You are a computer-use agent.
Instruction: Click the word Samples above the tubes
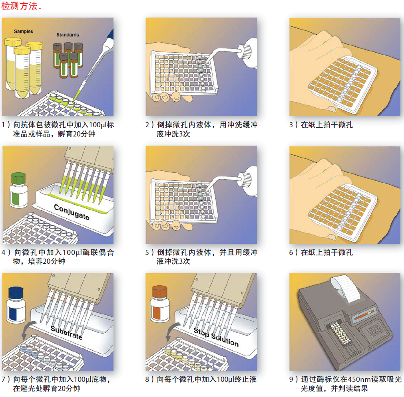(x=24, y=32)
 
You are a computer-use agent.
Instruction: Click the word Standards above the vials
(x=68, y=35)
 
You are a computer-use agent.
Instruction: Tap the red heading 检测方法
(x=19, y=6)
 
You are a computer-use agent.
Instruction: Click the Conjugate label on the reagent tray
(x=72, y=212)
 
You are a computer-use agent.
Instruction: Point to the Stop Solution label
(x=216, y=337)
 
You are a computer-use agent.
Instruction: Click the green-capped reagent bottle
(x=18, y=190)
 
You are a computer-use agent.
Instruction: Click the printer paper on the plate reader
(x=345, y=288)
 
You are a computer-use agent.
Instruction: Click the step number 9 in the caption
(x=291, y=379)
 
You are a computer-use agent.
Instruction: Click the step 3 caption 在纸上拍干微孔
(x=327, y=125)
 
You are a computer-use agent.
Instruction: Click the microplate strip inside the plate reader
(x=340, y=334)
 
